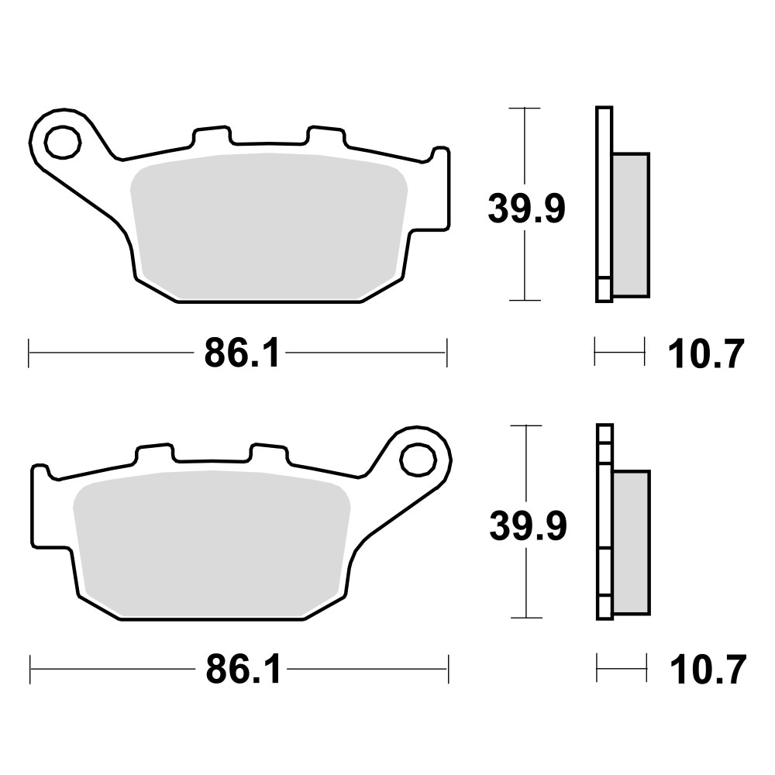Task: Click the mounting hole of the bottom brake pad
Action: [418, 458]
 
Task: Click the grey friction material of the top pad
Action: [267, 225]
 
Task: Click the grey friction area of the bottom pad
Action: [209, 542]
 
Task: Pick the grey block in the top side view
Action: [630, 225]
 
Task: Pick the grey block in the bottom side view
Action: [631, 542]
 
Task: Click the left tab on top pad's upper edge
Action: [212, 136]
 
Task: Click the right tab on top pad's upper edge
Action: [325, 136]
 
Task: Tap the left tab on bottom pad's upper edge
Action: [154, 453]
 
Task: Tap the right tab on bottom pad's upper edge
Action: [268, 453]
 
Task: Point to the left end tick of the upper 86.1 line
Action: [29, 353]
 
